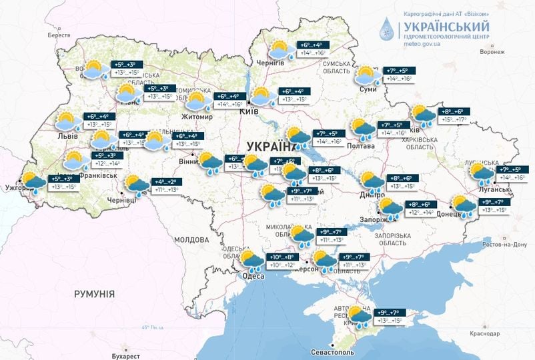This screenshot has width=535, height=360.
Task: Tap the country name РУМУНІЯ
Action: (94, 293)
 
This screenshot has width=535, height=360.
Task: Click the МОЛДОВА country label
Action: (191, 239)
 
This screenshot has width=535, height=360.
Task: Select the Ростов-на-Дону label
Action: (502, 245)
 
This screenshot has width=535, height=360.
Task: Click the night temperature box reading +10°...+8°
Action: (283, 257)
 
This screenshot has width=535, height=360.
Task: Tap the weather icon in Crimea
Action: (358, 317)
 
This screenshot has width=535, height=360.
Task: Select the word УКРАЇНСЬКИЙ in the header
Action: (446, 26)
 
